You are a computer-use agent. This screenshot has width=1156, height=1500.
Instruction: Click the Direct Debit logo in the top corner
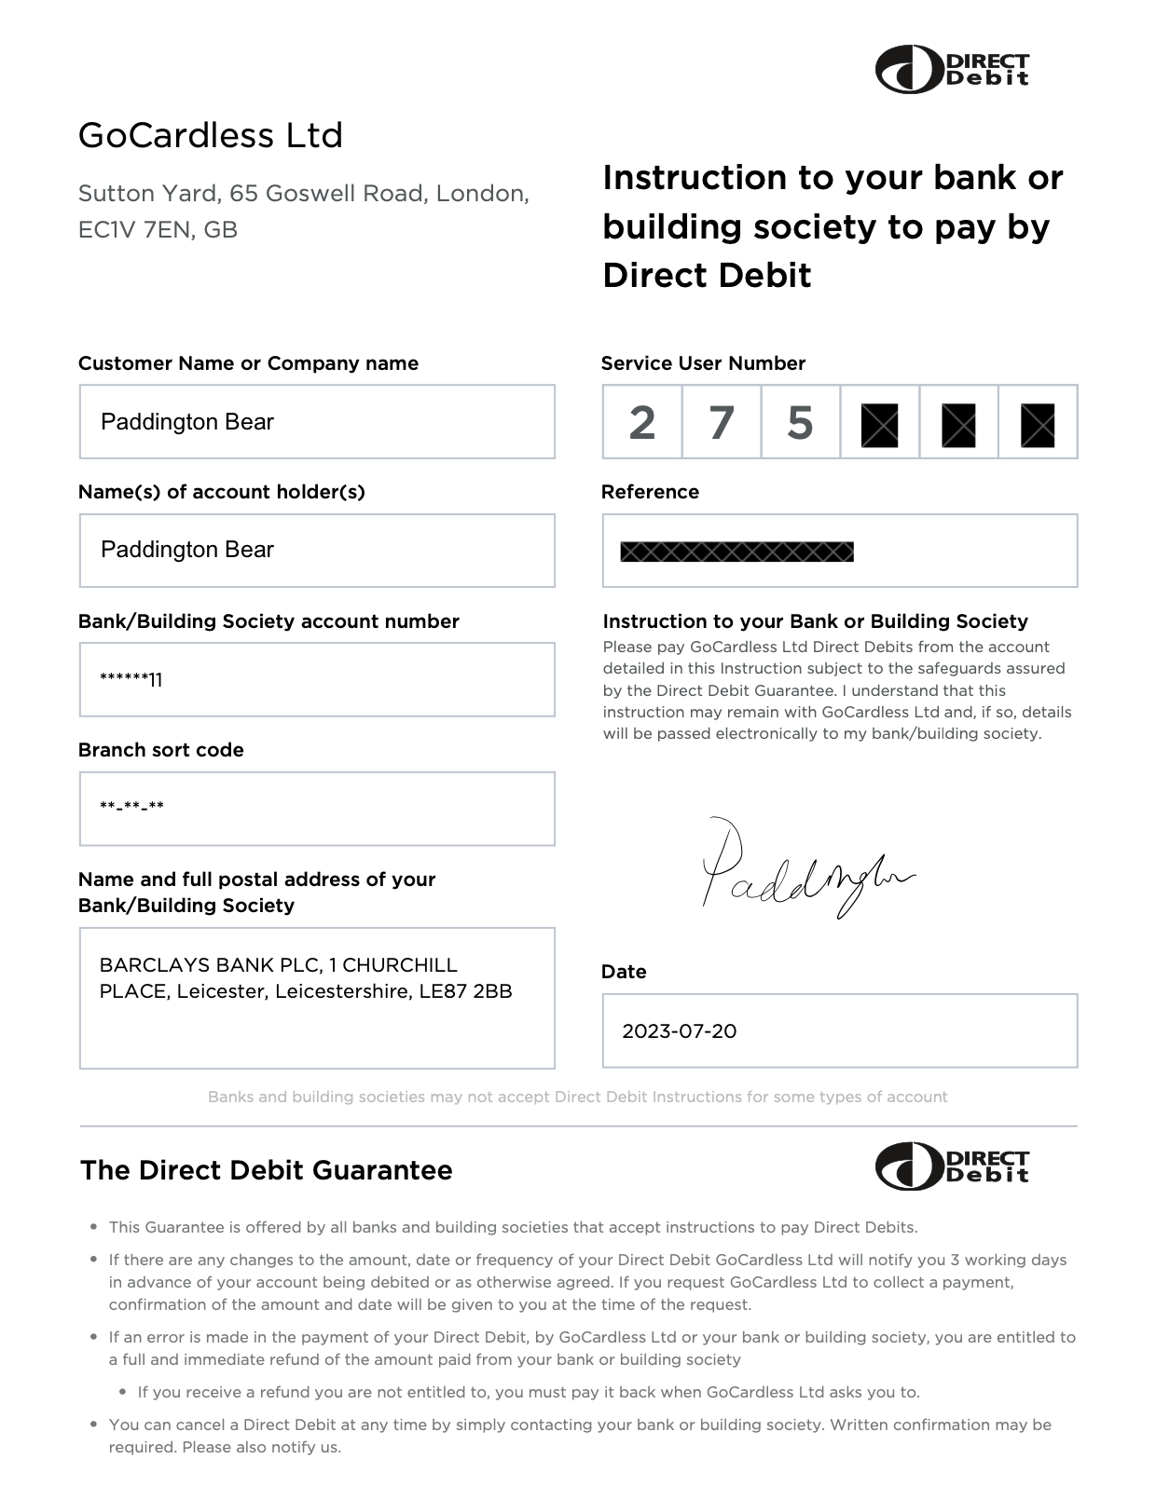point(952,70)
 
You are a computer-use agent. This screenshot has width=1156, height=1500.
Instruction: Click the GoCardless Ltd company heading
point(211,136)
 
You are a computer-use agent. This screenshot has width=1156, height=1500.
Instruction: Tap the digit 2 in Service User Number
point(641,423)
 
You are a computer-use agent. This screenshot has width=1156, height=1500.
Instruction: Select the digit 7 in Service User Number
point(721,423)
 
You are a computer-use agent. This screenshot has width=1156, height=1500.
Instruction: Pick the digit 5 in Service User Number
point(800,423)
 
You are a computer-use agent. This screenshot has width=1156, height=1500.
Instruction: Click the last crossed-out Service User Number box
point(1038,425)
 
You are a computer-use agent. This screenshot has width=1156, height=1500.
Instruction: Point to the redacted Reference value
point(736,552)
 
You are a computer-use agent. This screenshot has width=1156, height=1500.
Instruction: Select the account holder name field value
point(187,550)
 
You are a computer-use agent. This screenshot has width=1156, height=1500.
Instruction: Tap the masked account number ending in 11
point(131,679)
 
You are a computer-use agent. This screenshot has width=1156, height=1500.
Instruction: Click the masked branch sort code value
point(131,807)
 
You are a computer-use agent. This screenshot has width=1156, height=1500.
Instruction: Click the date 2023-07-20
point(680,1031)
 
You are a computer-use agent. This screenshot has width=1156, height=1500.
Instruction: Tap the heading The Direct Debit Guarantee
point(266,1170)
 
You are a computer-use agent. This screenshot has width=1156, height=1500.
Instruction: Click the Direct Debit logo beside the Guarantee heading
point(952,1166)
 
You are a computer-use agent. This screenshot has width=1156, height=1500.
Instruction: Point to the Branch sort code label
point(161,750)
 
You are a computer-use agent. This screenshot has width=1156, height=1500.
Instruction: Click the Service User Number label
point(703,363)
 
